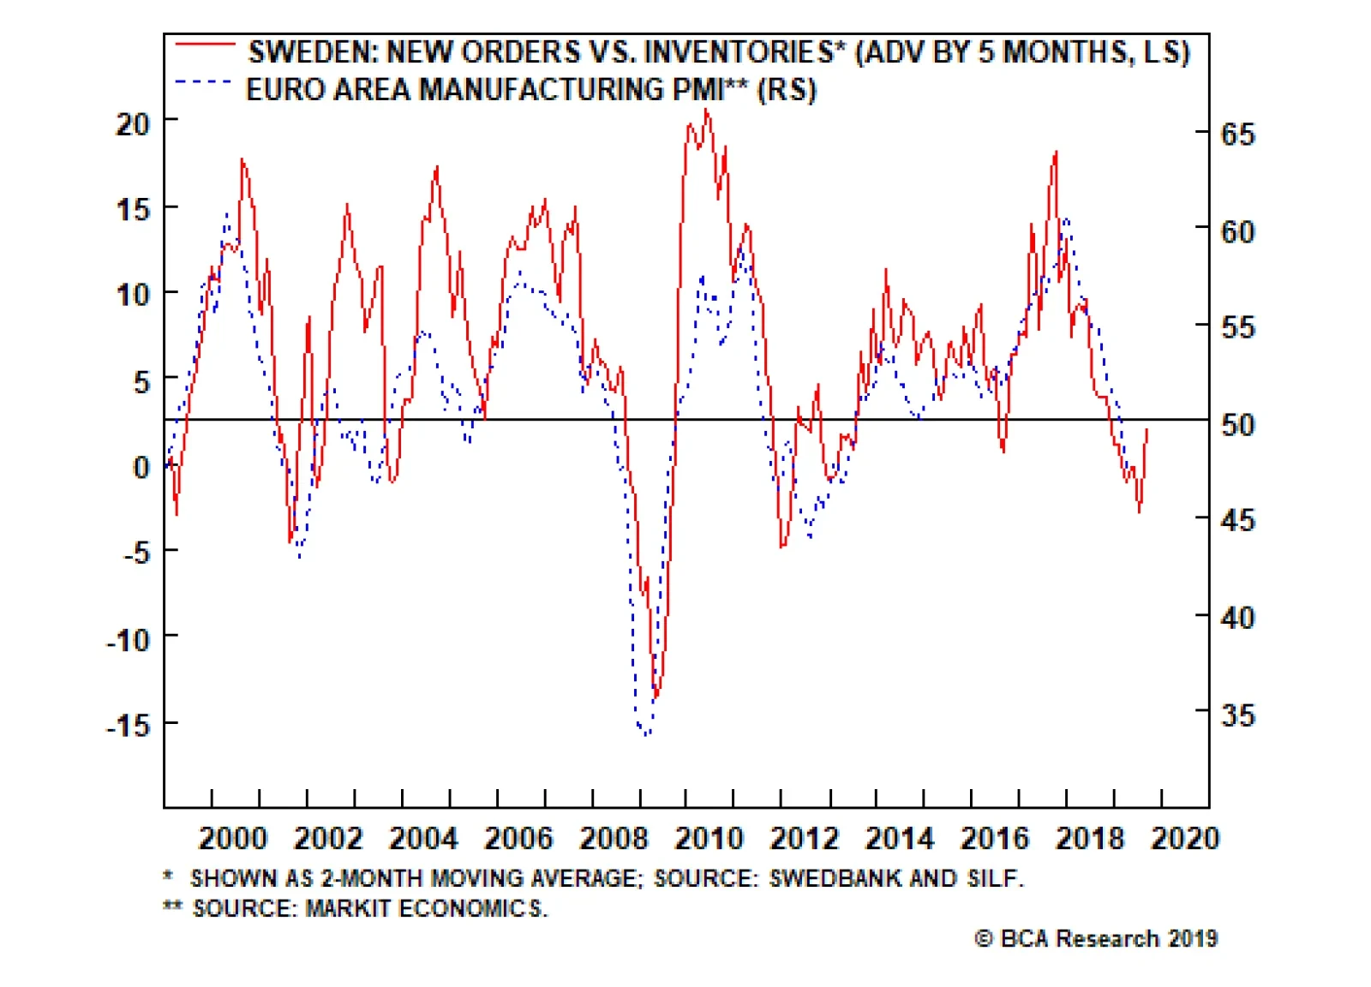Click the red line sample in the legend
point(205,45)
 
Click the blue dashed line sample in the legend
point(203,83)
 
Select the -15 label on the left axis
point(129,726)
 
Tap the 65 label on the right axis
point(1237,135)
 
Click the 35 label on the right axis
point(1237,715)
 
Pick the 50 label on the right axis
point(1237,424)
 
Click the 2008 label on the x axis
point(614,838)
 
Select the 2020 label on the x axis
point(1184,838)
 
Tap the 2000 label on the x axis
point(233,838)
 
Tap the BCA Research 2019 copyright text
point(1097,939)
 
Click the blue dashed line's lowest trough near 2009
point(647,734)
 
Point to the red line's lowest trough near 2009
point(656,696)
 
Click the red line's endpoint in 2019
point(1146,429)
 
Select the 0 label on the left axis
point(141,467)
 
